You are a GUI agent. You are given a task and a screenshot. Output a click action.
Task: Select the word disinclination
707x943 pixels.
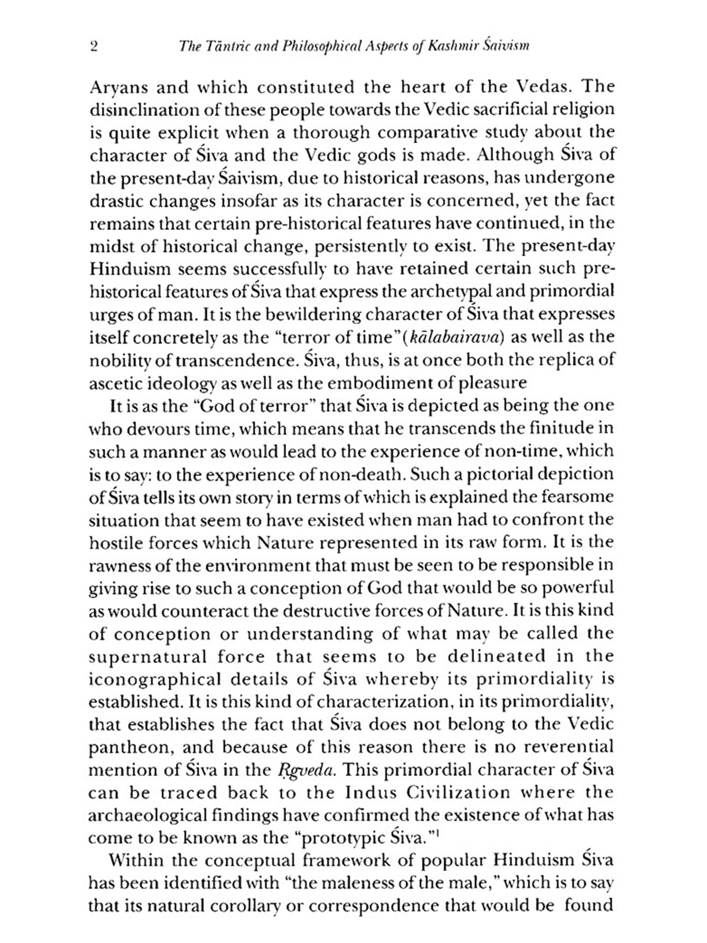click(x=136, y=110)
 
